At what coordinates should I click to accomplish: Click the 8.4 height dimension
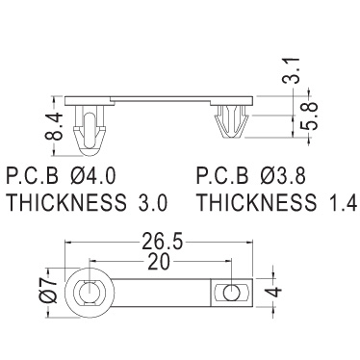pyautogui.click(x=53, y=126)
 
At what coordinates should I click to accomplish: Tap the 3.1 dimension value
pyautogui.click(x=291, y=71)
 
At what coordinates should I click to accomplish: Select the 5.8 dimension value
pyautogui.click(x=309, y=116)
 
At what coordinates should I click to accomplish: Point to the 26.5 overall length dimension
pyautogui.click(x=162, y=243)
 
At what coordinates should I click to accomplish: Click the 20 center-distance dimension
pyautogui.click(x=158, y=263)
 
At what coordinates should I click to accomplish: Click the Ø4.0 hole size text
pyautogui.click(x=91, y=176)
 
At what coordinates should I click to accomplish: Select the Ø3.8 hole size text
pyautogui.click(x=282, y=176)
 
